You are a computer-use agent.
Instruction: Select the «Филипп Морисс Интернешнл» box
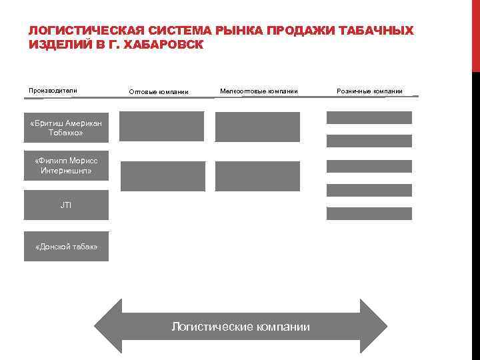(66, 166)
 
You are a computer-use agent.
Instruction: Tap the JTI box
(66, 205)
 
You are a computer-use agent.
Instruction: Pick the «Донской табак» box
(66, 247)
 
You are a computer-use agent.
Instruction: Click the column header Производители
(53, 91)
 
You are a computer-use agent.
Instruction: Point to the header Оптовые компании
(159, 91)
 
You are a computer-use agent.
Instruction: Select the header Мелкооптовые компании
(259, 91)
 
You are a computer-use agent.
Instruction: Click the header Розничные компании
(369, 91)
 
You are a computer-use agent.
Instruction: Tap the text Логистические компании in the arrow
(241, 327)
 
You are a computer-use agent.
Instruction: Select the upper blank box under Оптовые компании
(161, 126)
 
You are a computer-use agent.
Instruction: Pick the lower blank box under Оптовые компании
(163, 176)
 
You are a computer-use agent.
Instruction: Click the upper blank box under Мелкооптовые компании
(257, 126)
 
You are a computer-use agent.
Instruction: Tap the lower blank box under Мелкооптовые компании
(257, 176)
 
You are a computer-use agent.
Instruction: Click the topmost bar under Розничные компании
(369, 117)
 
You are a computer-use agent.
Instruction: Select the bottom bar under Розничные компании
(369, 213)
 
